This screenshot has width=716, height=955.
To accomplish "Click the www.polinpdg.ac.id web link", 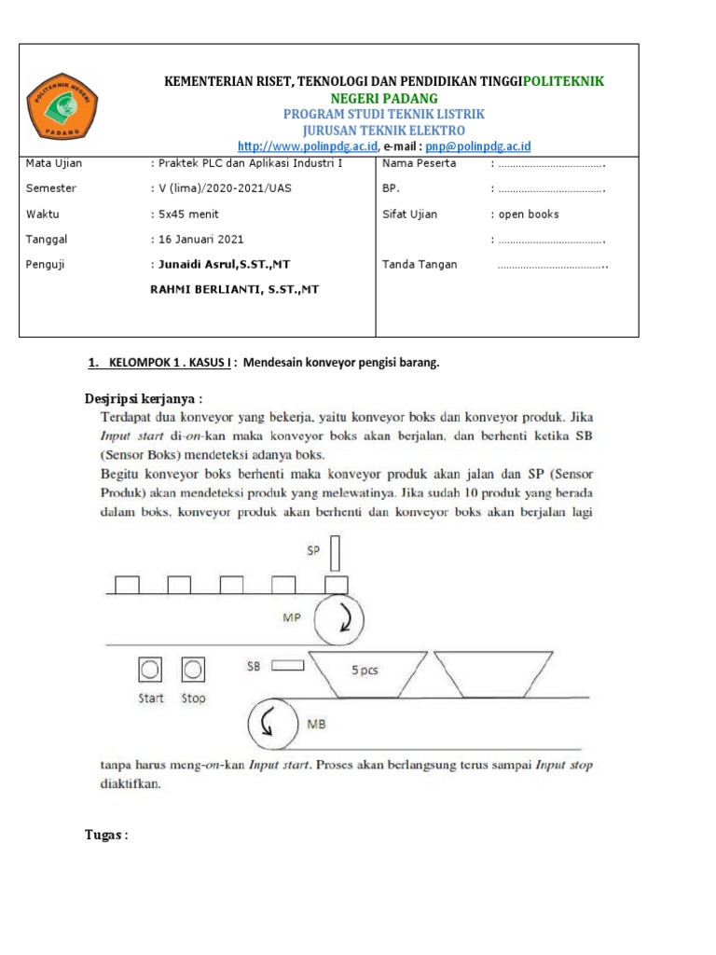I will click(x=308, y=146).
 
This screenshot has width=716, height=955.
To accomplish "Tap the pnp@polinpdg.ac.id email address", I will click(x=478, y=146).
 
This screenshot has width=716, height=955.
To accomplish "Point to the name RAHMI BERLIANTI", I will click(x=235, y=290).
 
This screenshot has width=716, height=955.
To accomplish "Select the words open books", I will click(x=529, y=214).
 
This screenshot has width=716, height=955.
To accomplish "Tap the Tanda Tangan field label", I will click(x=420, y=264).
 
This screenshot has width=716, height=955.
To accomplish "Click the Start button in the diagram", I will click(x=150, y=669).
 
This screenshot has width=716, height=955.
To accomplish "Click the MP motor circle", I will click(x=339, y=618).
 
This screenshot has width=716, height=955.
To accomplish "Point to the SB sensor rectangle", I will click(x=290, y=666).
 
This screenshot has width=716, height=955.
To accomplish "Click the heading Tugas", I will click(x=105, y=835).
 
